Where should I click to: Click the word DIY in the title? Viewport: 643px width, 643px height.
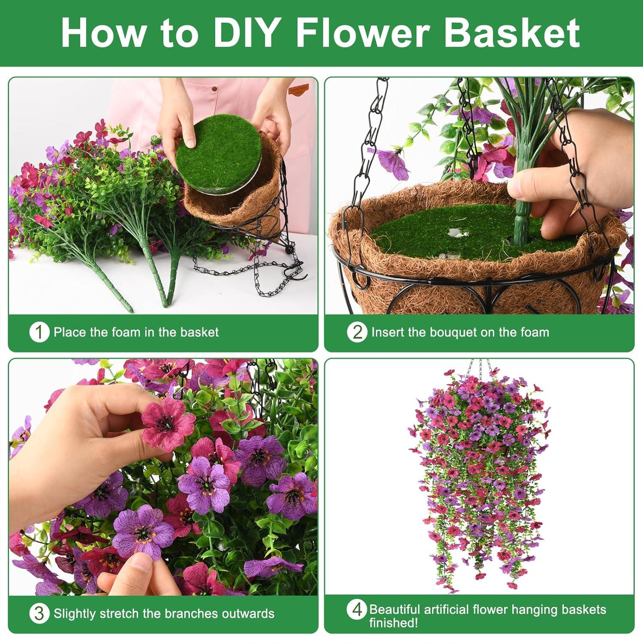(x=244, y=33)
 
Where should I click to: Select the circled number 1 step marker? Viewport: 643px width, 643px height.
(x=39, y=332)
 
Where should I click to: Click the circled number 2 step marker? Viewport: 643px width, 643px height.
(x=357, y=332)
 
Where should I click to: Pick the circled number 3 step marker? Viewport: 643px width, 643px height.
(x=39, y=613)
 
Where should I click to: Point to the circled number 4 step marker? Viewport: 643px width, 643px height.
(x=357, y=610)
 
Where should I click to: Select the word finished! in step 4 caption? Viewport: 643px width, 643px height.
(x=394, y=623)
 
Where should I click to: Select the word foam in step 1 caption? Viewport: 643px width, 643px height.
(x=129, y=332)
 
